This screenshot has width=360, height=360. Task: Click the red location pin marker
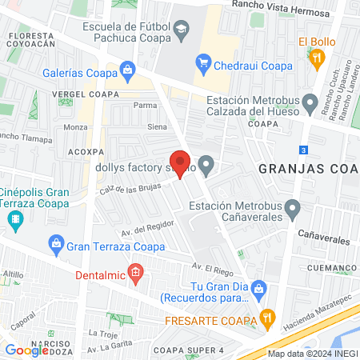180,164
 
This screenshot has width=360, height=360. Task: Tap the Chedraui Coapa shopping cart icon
203,62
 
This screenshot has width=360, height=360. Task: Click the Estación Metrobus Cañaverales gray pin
292,211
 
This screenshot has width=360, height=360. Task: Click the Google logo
26,350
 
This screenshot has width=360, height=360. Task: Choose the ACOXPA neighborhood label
86,150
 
